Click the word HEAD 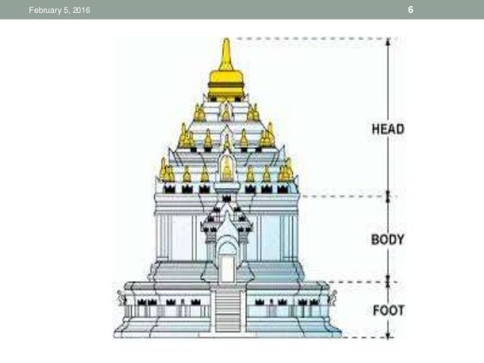pyautogui.click(x=387, y=129)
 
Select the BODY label pyautogui.click(x=388, y=239)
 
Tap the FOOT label pyautogui.click(x=388, y=310)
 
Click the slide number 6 pyautogui.click(x=410, y=10)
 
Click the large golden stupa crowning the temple pyautogui.click(x=226, y=76)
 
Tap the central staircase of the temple pyautogui.click(x=227, y=311)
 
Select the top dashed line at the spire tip pyautogui.click(x=303, y=38)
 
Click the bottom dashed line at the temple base pyautogui.click(x=364, y=336)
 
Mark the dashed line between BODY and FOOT pyautogui.click(x=357, y=283)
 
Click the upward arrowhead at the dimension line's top pyautogui.click(x=388, y=42)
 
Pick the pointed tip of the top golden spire pyautogui.click(x=226, y=40)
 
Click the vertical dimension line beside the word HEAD pyautogui.click(x=388, y=83)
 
